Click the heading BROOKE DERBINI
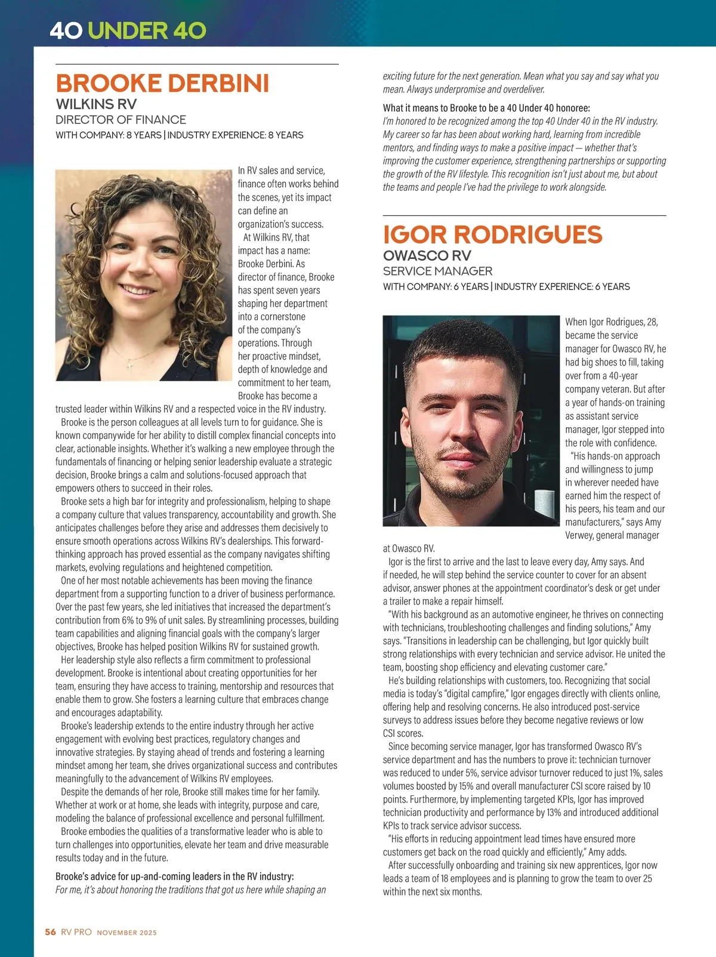pyautogui.click(x=162, y=84)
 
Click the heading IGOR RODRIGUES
pyautogui.click(x=492, y=234)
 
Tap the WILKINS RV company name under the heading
pyautogui.click(x=96, y=104)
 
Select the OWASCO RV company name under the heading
pyautogui.click(x=427, y=255)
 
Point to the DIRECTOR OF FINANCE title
pyautogui.click(x=121, y=119)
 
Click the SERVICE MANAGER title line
pyautogui.click(x=437, y=271)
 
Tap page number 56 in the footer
pyautogui.click(x=50, y=932)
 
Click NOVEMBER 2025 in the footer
pyautogui.click(x=126, y=933)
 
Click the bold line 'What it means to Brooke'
pyautogui.click(x=486, y=108)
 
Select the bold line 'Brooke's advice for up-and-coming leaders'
pyautogui.click(x=174, y=876)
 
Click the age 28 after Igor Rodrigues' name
pyautogui.click(x=652, y=322)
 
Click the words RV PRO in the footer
pyautogui.click(x=76, y=932)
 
